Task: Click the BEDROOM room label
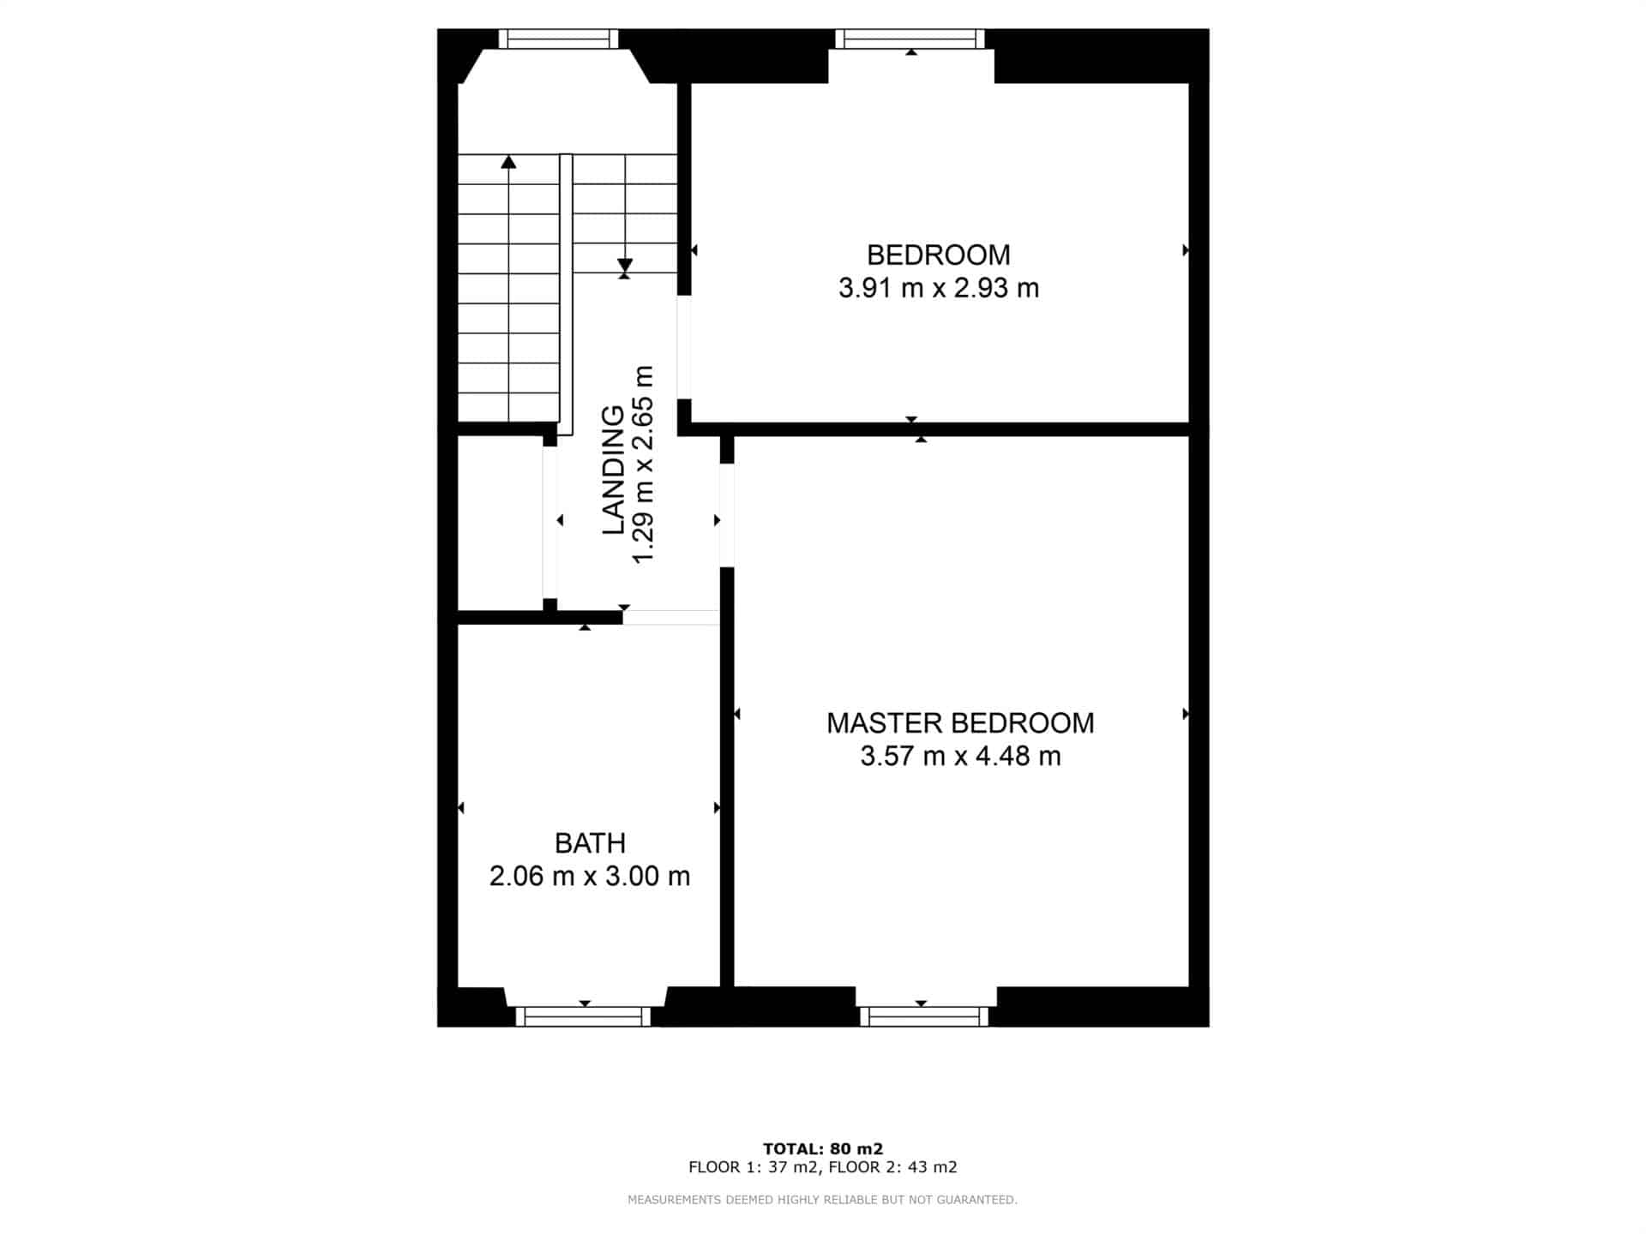[938, 255]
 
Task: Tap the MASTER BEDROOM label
[960, 723]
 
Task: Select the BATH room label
[590, 843]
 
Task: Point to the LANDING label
[613, 470]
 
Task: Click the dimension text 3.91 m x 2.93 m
[939, 288]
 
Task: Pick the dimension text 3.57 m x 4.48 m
[960, 756]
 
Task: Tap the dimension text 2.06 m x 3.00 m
[590, 876]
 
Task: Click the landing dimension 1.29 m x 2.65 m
[643, 465]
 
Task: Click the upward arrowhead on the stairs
[509, 161]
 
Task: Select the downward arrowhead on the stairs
[625, 265]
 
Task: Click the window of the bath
[583, 1016]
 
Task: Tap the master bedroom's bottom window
[924, 1016]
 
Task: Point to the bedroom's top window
[910, 39]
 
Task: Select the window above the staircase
[558, 39]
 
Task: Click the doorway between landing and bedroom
[684, 347]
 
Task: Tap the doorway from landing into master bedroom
[727, 515]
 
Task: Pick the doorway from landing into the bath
[671, 617]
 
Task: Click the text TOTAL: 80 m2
[823, 1149]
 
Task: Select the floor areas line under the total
[823, 1167]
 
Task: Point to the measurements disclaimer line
[823, 1200]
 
